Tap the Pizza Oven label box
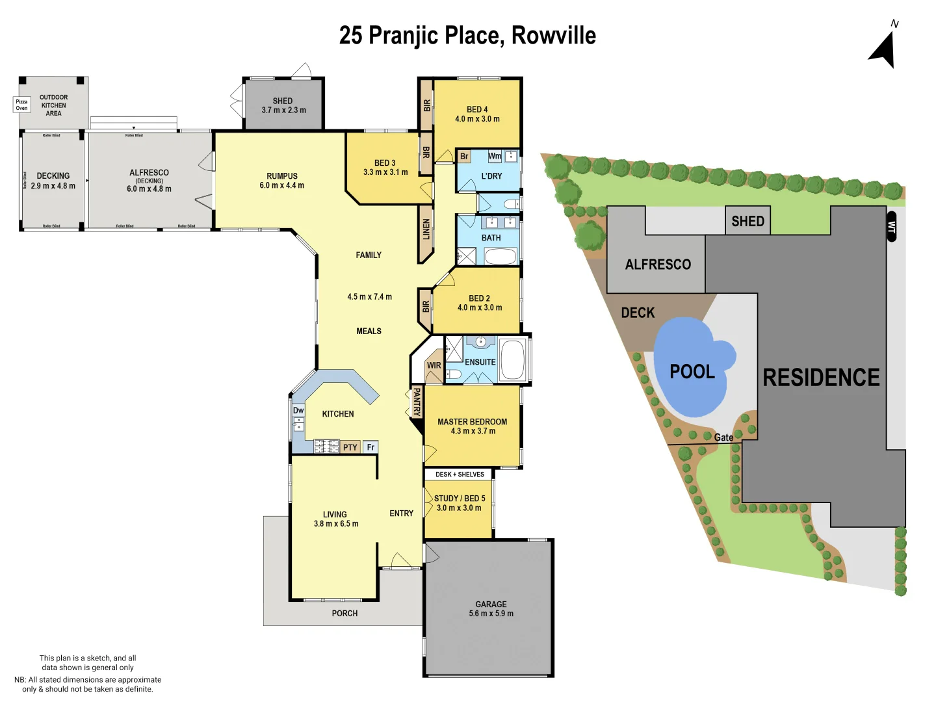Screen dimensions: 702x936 tap(22, 105)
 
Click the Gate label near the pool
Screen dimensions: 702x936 tap(723, 437)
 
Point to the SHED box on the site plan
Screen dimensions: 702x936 tap(747, 221)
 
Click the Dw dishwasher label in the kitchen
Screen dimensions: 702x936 tap(298, 410)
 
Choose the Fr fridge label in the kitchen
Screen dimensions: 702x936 tap(370, 447)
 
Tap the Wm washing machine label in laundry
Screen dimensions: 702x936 tap(495, 156)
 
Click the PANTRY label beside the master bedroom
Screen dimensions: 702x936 tap(417, 402)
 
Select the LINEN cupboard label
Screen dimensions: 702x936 tap(426, 229)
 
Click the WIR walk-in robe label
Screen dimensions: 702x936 tap(434, 365)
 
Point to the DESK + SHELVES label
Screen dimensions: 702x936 tap(460, 474)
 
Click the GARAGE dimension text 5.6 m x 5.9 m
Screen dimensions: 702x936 tap(491, 614)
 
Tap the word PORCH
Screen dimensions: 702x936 tap(344, 613)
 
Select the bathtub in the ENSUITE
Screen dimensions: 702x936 tap(513, 359)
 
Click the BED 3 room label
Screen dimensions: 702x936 tap(385, 163)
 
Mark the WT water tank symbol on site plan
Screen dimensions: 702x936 tap(891, 227)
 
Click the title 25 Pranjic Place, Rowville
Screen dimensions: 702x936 tap(467, 36)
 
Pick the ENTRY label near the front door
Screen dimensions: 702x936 tap(401, 513)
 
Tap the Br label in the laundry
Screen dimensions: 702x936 tap(464, 157)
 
